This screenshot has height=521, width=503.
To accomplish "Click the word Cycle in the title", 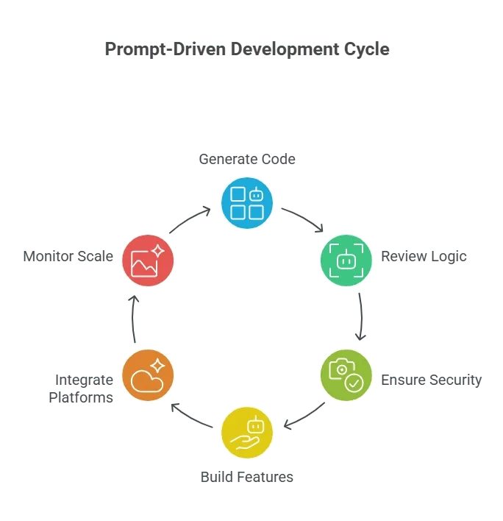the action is pos(366,50).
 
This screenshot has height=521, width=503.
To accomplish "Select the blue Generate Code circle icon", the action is pos(247,203).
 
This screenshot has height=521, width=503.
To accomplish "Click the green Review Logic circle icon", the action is pos(346,260).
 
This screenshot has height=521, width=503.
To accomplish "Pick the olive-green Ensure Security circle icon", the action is pos(346,375).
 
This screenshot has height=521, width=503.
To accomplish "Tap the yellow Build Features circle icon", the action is pos(247,433).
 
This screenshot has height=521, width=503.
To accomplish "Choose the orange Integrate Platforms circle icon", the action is pos(148,375).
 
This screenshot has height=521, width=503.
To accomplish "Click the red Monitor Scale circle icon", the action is pos(148,260).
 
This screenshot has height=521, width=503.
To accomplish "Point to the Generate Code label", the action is pos(247,159).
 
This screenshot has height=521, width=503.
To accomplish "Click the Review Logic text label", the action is pos(424,257).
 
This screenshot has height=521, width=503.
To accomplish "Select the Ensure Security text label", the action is pos(431,380).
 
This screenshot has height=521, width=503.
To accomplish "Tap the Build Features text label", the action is pos(247,477).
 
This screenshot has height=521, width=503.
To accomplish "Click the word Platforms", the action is pos(81,397).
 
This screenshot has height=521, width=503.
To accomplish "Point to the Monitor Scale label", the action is pos(68,257).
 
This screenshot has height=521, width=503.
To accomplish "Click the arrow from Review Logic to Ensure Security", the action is pos(361,316).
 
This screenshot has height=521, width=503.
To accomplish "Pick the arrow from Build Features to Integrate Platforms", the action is pos(190,417).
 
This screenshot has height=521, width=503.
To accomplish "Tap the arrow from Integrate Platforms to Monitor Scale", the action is pos(133,319).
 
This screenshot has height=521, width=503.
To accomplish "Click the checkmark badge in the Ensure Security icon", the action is pos(354,383).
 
